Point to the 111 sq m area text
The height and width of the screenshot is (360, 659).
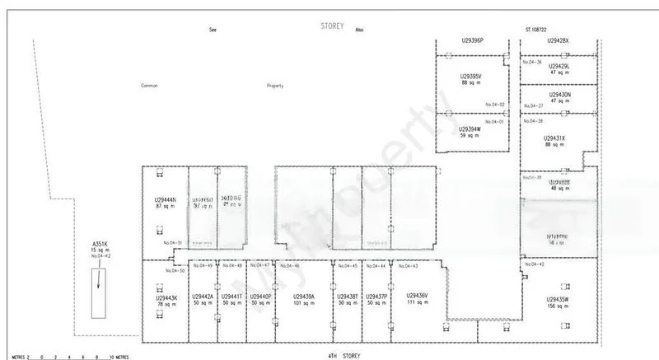[x=417, y=303]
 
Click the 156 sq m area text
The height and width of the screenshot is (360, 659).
[x=558, y=306]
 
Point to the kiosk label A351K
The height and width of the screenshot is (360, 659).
[x=100, y=244]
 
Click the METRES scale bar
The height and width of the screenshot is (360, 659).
[x=66, y=357]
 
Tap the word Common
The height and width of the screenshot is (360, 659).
[x=149, y=85]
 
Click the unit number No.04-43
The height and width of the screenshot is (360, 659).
[x=409, y=265]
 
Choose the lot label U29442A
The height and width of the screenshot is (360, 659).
[x=202, y=297]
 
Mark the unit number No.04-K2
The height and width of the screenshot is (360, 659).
[x=100, y=257]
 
